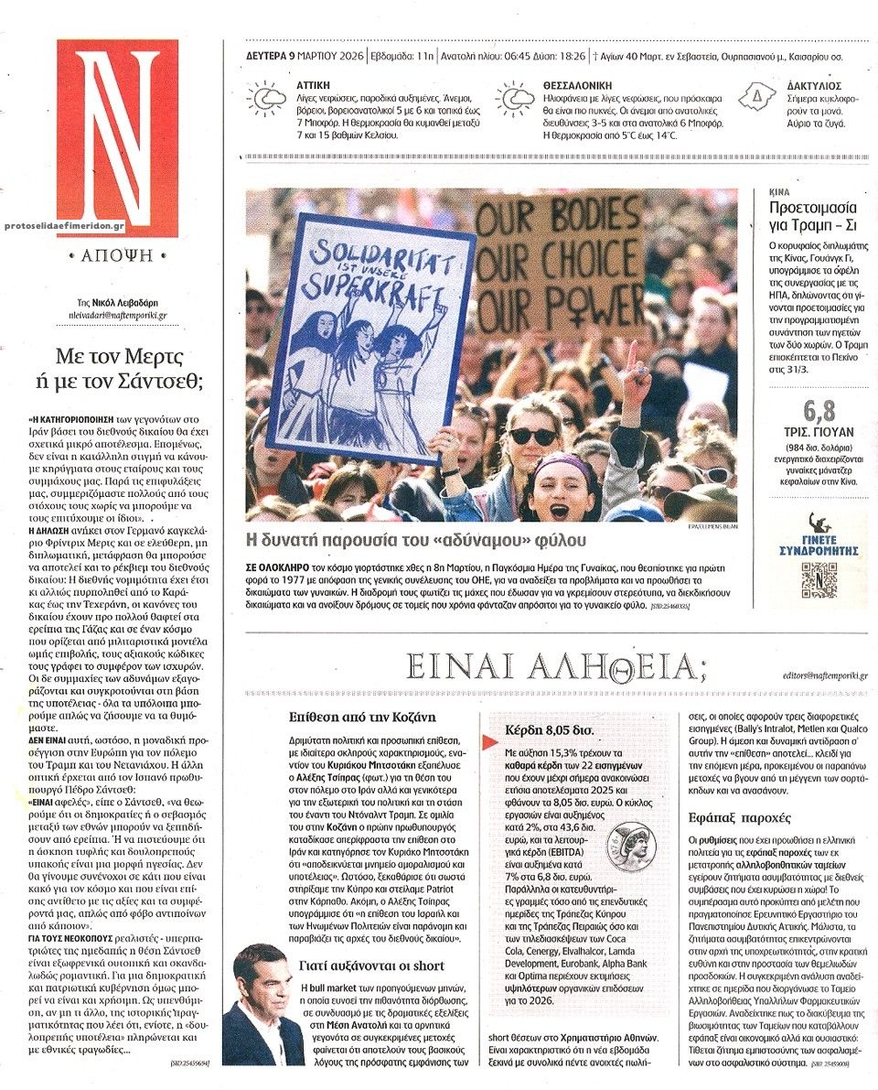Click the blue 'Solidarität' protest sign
point(370,334)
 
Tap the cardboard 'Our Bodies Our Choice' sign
point(560,265)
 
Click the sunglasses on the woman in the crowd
point(532,436)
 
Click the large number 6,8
point(819,411)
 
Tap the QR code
point(819,579)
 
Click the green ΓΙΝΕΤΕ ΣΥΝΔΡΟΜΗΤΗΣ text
point(819,547)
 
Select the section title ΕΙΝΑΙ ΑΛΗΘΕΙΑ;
point(555,668)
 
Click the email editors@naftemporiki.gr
point(825,675)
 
